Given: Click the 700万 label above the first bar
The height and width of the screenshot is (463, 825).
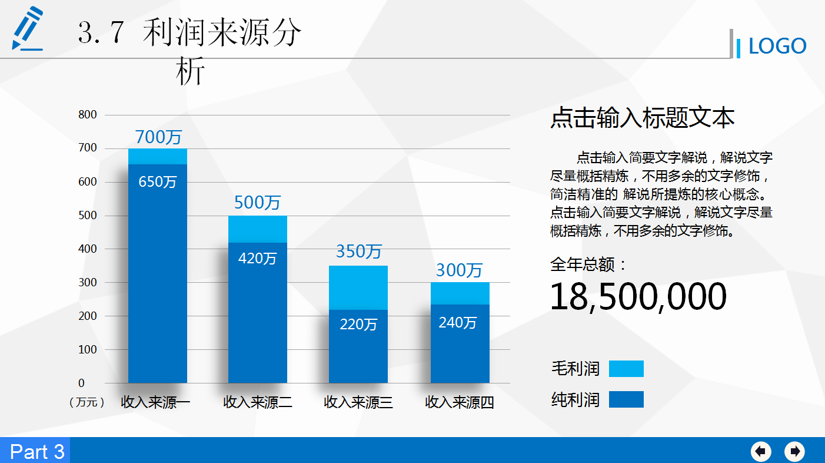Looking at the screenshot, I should pyautogui.click(x=158, y=137).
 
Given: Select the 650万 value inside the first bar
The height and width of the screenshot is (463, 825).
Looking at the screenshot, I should pyautogui.click(x=158, y=181).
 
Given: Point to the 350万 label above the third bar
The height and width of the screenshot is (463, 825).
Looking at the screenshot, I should pyautogui.click(x=358, y=252).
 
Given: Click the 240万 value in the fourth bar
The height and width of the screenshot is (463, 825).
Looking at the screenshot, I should pyautogui.click(x=458, y=322).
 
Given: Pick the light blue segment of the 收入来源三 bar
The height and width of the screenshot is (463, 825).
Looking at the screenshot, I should pyautogui.click(x=358, y=287).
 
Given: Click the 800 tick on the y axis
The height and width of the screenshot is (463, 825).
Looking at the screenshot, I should pyautogui.click(x=88, y=115).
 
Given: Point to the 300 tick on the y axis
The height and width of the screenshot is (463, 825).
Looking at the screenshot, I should pyautogui.click(x=88, y=283).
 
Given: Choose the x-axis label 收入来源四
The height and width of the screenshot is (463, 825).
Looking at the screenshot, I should pyautogui.click(x=460, y=402).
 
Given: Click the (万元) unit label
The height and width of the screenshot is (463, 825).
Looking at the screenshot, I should pyautogui.click(x=87, y=402).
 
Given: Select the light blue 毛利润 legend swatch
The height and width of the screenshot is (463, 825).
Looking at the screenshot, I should pyautogui.click(x=626, y=369).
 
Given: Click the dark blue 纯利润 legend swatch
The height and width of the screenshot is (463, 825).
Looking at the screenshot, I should pyautogui.click(x=626, y=399).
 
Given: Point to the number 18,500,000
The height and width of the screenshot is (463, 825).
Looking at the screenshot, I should pyautogui.click(x=638, y=296).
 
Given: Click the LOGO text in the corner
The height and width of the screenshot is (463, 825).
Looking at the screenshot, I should pyautogui.click(x=777, y=46).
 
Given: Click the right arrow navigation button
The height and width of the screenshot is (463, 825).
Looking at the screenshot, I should pyautogui.click(x=794, y=451).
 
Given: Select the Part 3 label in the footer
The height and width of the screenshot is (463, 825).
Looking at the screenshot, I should pyautogui.click(x=37, y=451).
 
